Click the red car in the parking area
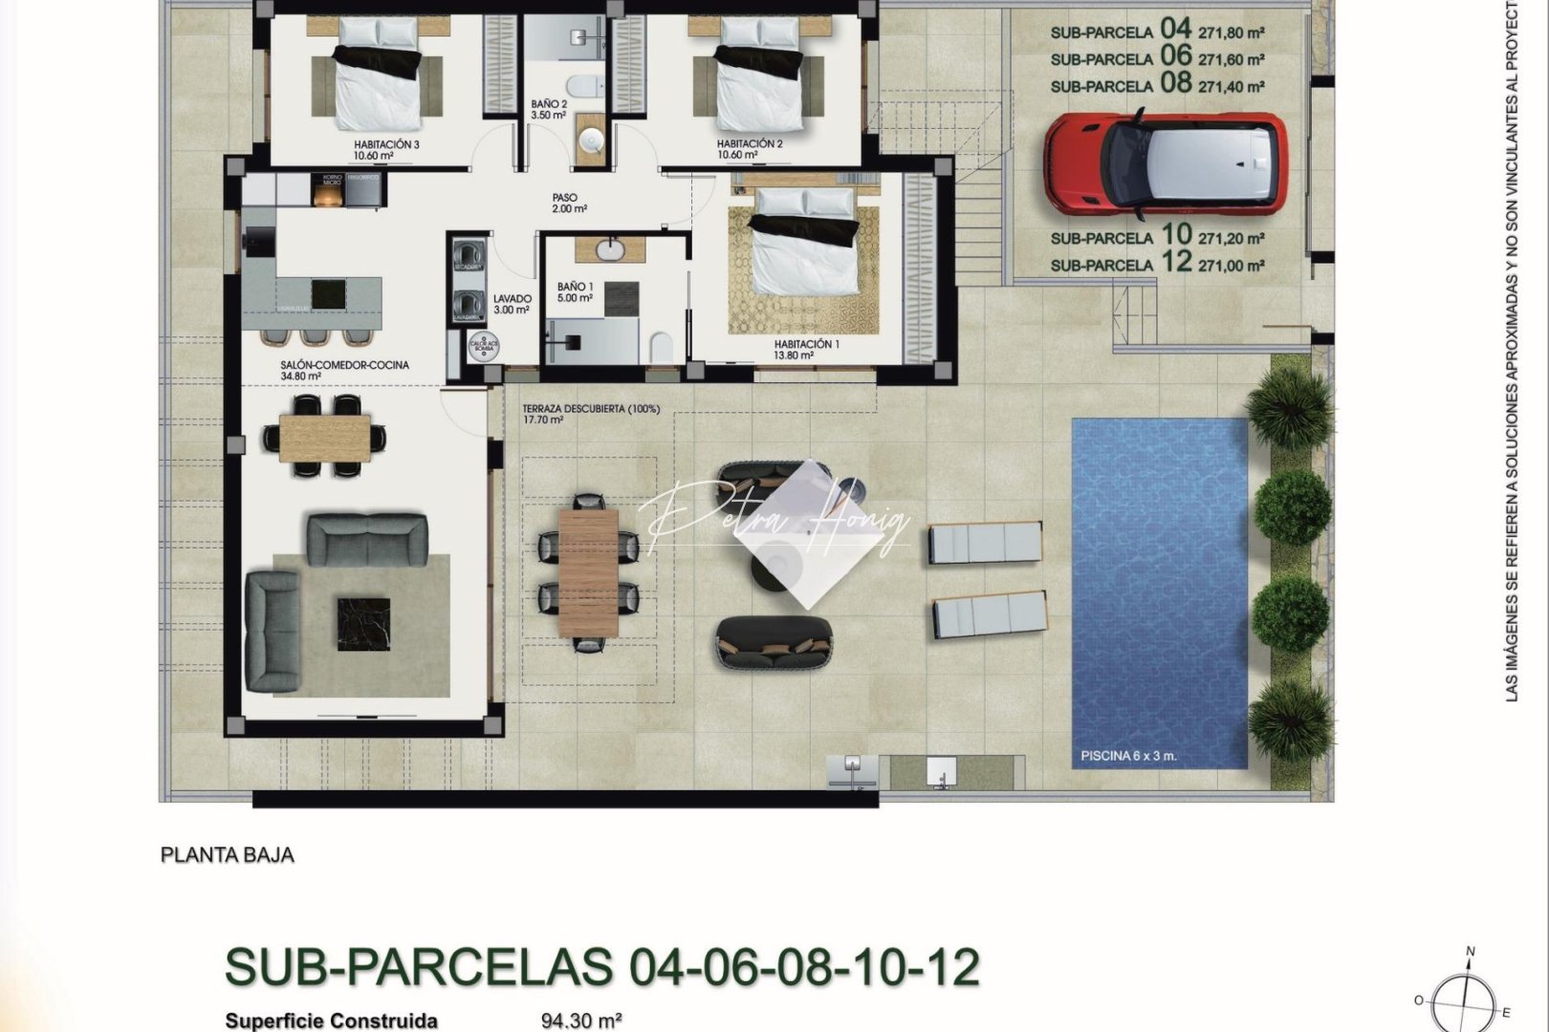(1165, 165)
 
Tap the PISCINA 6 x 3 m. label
(1128, 756)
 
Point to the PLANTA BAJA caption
(227, 855)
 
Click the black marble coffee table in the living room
(363, 624)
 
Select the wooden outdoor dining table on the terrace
(588, 571)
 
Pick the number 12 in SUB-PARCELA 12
(1177, 261)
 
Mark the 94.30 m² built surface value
(581, 1021)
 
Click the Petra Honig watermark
(774, 524)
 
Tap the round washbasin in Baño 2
(591, 142)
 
